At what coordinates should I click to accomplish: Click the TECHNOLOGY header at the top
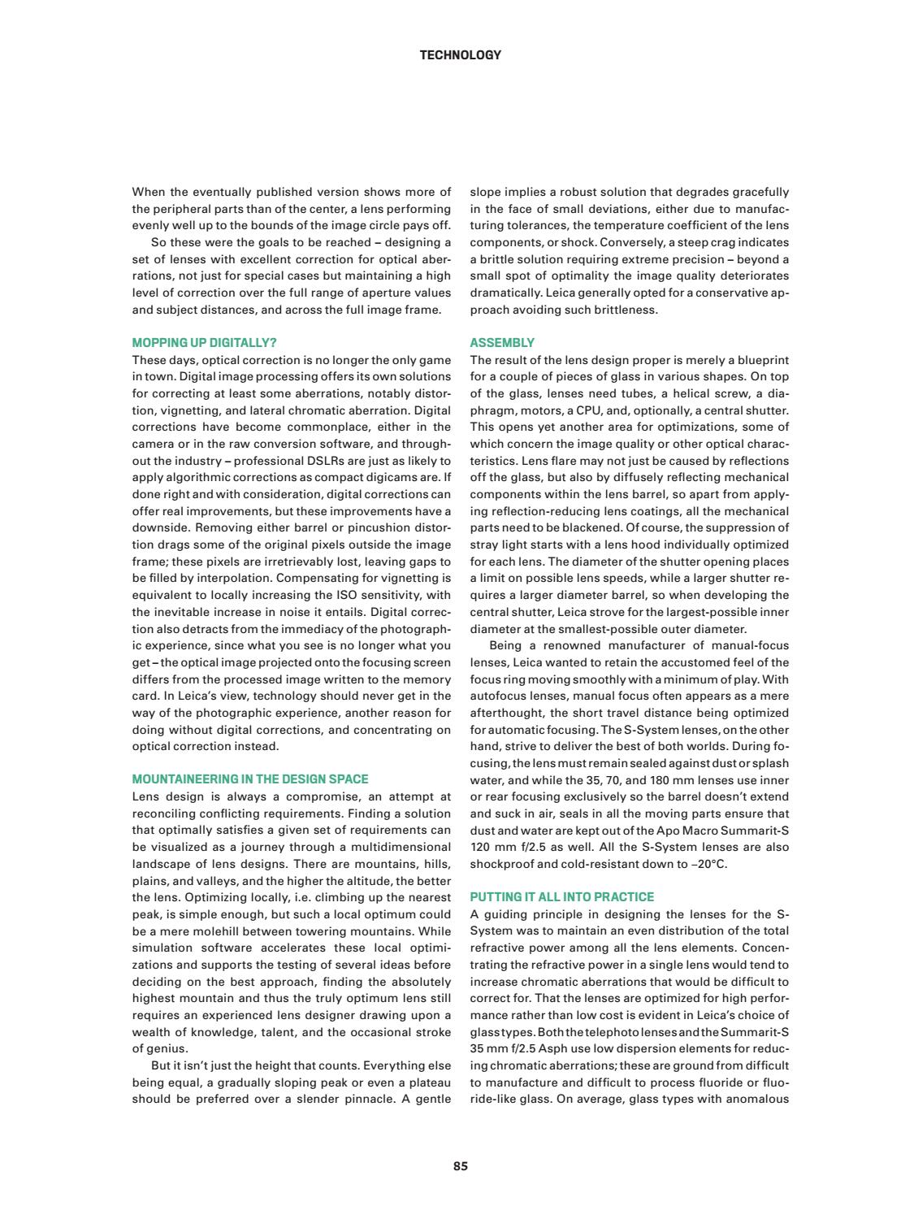[460, 55]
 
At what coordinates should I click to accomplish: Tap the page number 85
[461, 1166]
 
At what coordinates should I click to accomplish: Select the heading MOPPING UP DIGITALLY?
[210, 343]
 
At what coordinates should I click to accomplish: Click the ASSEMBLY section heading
[502, 343]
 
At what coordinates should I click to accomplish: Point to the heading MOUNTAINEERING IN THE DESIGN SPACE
[250, 779]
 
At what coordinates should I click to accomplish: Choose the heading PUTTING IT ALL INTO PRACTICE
[561, 897]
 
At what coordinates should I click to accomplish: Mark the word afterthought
[506, 713]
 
